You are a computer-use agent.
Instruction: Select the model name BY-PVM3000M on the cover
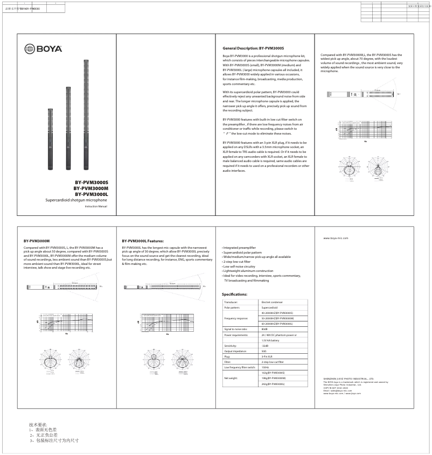tap(91, 188)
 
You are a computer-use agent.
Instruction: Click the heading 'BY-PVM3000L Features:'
tap(143, 241)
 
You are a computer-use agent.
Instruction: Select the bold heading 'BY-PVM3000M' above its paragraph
tap(37, 241)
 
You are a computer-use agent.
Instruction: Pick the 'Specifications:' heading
tap(234, 295)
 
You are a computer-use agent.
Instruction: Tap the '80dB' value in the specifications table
tap(264, 328)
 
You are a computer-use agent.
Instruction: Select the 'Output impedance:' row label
tap(235, 351)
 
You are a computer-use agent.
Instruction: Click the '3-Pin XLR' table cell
tap(267, 356)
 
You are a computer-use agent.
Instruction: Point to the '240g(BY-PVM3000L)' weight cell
tap(273, 384)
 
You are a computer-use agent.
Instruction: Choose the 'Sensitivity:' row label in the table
tap(231, 345)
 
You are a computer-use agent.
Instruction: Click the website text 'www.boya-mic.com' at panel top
tap(336, 237)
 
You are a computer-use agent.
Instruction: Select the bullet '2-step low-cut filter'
tap(236, 261)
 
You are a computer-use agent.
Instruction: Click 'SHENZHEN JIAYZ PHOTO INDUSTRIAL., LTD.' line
tap(349, 379)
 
